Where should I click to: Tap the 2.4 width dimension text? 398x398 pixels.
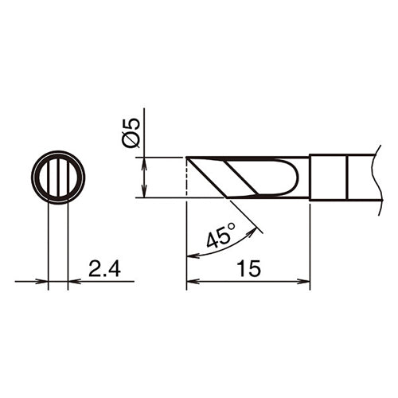tap(103, 271)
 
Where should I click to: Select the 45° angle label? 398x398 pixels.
tap(220, 237)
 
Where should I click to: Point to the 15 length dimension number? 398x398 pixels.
tap(248, 271)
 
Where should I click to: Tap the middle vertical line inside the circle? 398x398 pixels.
tap(58, 177)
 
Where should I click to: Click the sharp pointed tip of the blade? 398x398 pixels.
tap(186, 158)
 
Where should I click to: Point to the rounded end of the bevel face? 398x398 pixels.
tap(299, 177)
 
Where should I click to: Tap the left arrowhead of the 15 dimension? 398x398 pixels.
tap(191, 281)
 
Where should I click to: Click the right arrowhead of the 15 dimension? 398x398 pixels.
tap(305, 281)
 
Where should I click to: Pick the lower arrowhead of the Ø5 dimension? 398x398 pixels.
tap(142, 193)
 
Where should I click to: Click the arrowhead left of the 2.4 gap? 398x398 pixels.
tap(43, 281)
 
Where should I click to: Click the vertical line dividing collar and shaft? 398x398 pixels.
tap(347, 177)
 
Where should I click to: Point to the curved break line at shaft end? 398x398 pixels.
tap(374, 177)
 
